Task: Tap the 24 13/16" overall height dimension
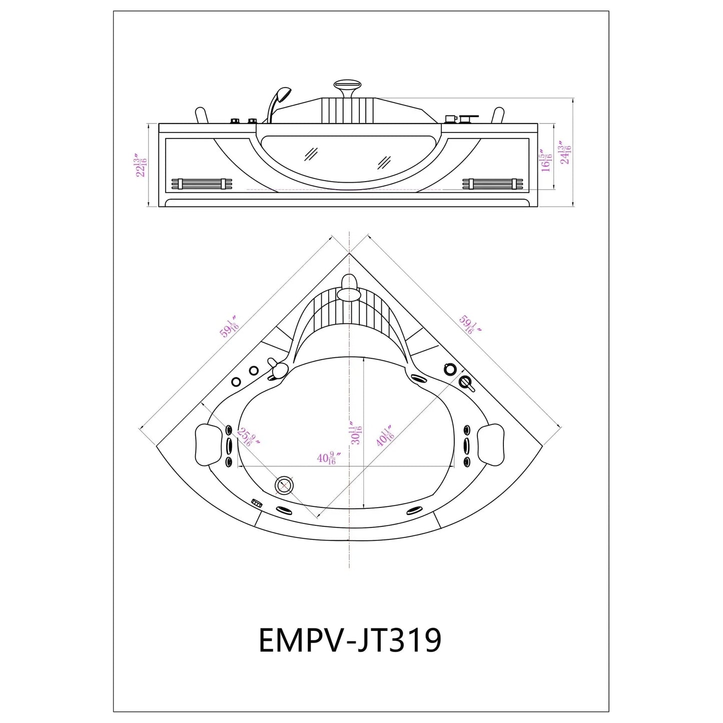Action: (565, 153)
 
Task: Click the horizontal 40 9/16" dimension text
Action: (328, 458)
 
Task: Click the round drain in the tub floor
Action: (285, 485)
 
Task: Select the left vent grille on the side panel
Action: (202, 184)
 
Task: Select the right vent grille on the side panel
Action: (493, 184)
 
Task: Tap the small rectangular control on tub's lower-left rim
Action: (257, 503)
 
